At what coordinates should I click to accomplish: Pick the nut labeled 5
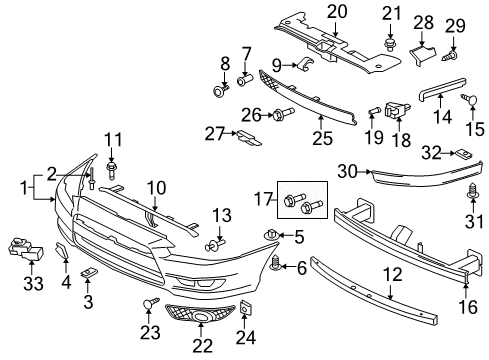270,235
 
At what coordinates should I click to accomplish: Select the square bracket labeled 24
246,313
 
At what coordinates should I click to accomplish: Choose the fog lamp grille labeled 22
202,320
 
